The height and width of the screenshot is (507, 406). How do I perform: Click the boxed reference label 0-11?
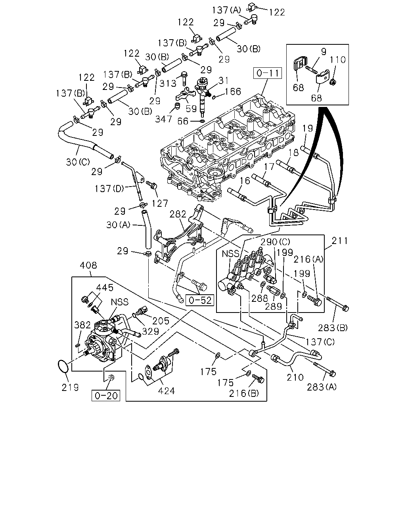pyautogui.click(x=267, y=73)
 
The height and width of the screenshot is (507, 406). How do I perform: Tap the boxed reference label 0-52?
pyautogui.click(x=199, y=300)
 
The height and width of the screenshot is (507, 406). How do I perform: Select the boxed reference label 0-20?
pyautogui.click(x=106, y=396)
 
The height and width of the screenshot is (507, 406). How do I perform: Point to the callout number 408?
pyautogui.click(x=88, y=265)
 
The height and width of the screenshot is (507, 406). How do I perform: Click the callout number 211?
pyautogui.click(x=339, y=241)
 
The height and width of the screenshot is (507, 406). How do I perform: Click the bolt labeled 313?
pyautogui.click(x=184, y=79)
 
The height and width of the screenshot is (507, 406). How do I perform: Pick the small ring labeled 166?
pyautogui.click(x=214, y=97)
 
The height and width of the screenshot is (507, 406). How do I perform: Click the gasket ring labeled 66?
pyautogui.click(x=202, y=121)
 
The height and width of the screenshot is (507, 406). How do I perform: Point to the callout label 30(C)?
pyautogui.click(x=78, y=162)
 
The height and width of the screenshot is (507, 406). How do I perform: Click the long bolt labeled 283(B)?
pyautogui.click(x=337, y=304)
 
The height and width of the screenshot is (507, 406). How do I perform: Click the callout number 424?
pyautogui.click(x=166, y=391)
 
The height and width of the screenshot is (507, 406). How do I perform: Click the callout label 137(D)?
pyautogui.click(x=109, y=189)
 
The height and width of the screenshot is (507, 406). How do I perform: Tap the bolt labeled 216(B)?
pyautogui.click(x=258, y=379)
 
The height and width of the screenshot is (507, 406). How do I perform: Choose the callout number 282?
pyautogui.click(x=178, y=214)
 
